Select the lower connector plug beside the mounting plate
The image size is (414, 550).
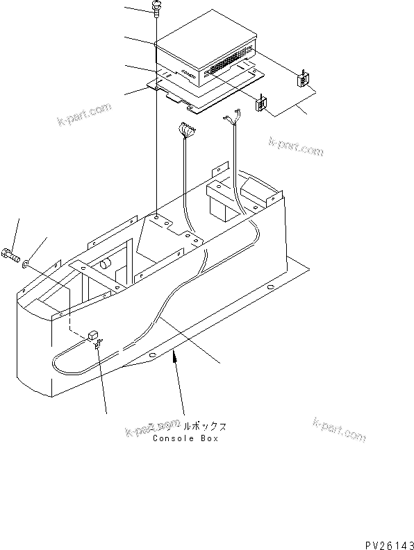262,105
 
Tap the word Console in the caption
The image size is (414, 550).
169,438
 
